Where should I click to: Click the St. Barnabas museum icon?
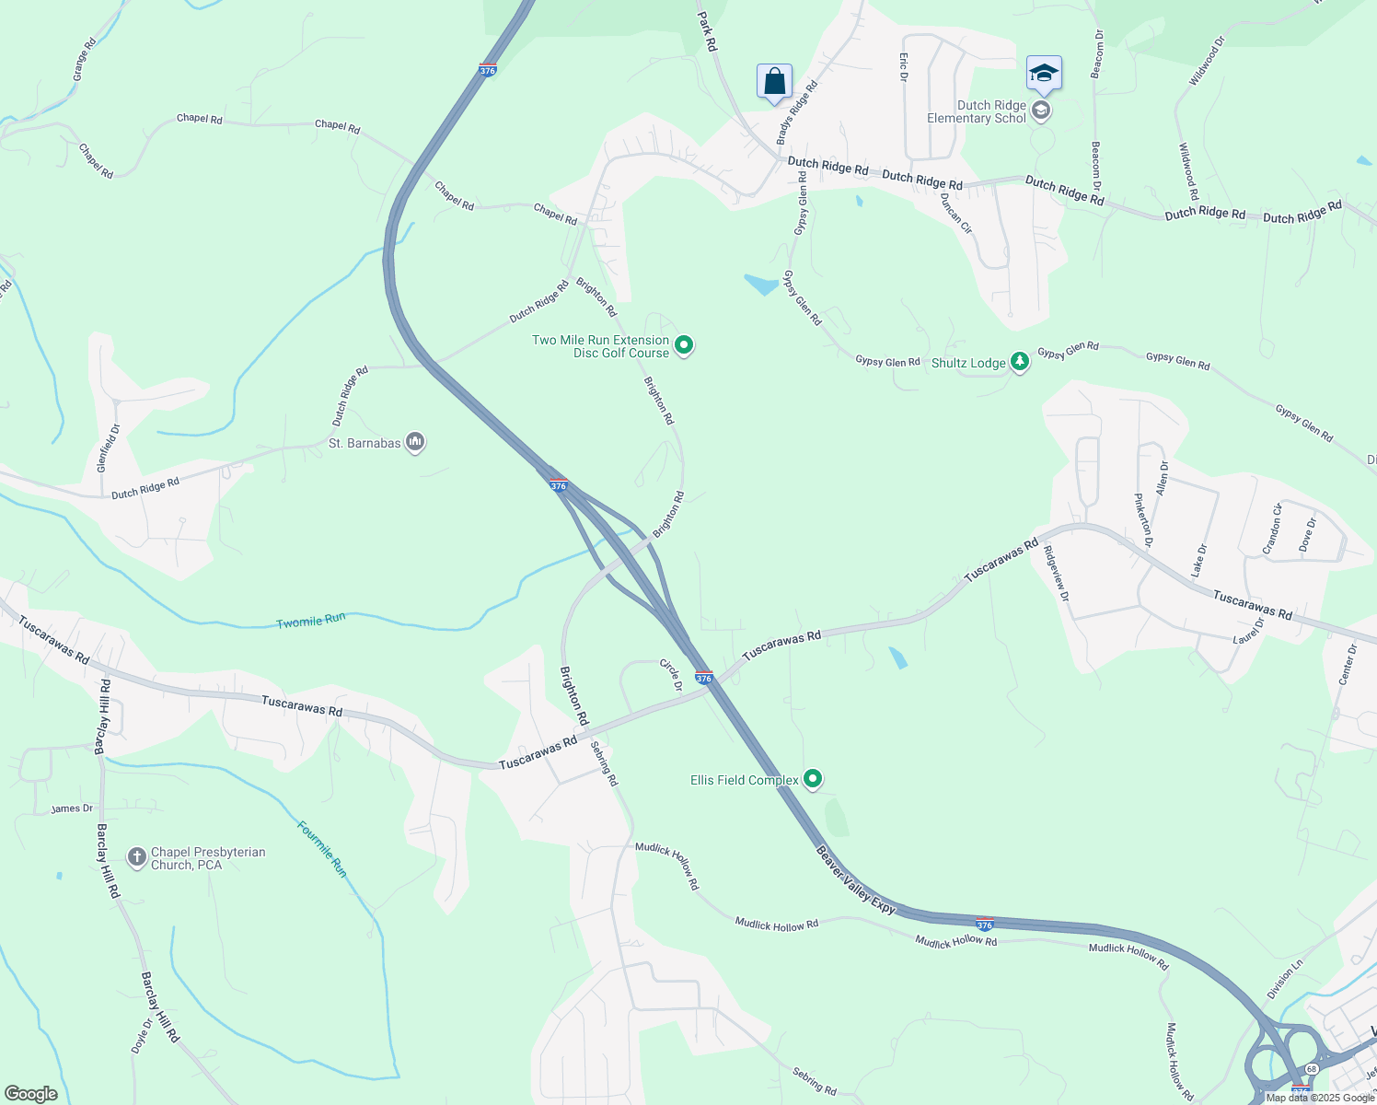pyautogui.click(x=415, y=444)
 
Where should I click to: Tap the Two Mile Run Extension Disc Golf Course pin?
pyautogui.click(x=684, y=346)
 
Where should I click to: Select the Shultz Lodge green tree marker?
pyautogui.click(x=1019, y=363)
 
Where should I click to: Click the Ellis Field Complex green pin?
pyautogui.click(x=813, y=780)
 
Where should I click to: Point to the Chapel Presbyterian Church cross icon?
pyautogui.click(x=137, y=858)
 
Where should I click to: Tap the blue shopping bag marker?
pyautogui.click(x=774, y=81)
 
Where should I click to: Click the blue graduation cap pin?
pyautogui.click(x=1044, y=74)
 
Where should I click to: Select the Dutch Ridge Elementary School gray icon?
pyautogui.click(x=1041, y=111)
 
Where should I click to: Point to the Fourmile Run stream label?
pyautogui.click(x=322, y=848)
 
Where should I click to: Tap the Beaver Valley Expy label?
pyautogui.click(x=855, y=880)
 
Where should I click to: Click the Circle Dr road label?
pyautogui.click(x=671, y=674)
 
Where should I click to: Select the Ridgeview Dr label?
pyautogui.click(x=1056, y=575)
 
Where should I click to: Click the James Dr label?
pyautogui.click(x=72, y=808)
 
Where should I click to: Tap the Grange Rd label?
pyautogui.click(x=83, y=60)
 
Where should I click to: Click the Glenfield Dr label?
pyautogui.click(x=109, y=448)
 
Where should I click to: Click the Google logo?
pyautogui.click(x=30, y=1094)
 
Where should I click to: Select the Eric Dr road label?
pyautogui.click(x=903, y=66)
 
